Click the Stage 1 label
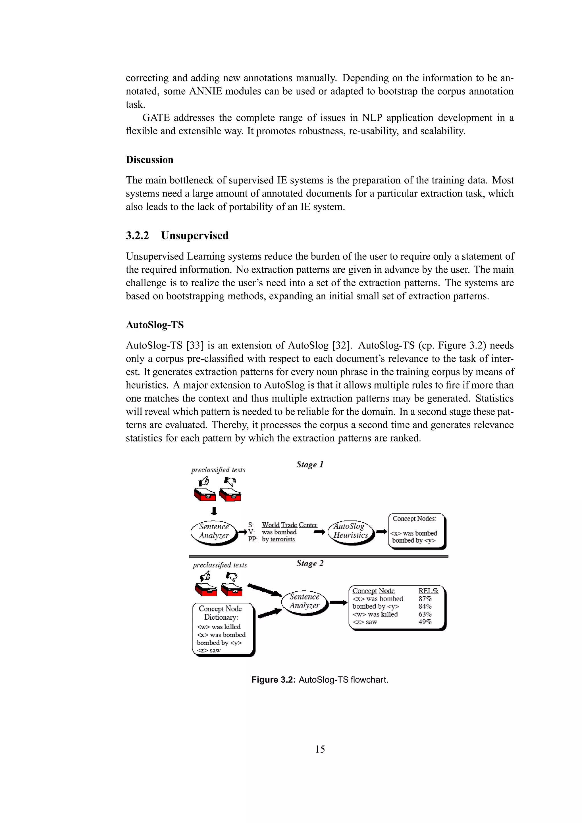pyautogui.click(x=310, y=464)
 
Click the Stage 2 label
pyautogui.click(x=310, y=563)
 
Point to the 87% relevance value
pyautogui.click(x=425, y=599)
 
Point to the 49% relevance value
pyautogui.click(x=425, y=622)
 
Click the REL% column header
pyautogui.click(x=428, y=591)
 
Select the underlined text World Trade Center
pyautogui.click(x=289, y=525)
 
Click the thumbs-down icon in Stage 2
pyautogui.click(x=232, y=577)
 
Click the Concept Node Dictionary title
pyautogui.click(x=221, y=613)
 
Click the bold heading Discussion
pyautogui.click(x=149, y=160)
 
